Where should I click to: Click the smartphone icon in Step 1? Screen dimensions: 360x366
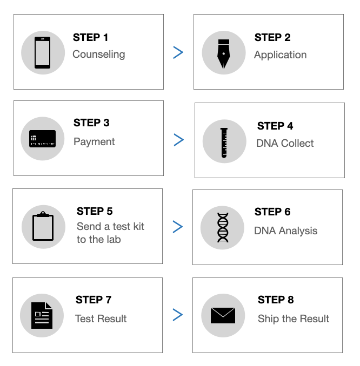click(x=42, y=52)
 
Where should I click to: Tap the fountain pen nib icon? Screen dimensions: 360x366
click(x=223, y=54)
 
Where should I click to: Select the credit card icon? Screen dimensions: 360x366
click(x=42, y=139)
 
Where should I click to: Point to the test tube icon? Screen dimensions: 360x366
click(x=224, y=143)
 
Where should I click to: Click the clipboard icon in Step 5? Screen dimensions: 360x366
click(x=43, y=226)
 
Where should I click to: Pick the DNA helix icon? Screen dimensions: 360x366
click(x=223, y=228)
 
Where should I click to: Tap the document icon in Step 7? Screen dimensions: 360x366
click(x=42, y=316)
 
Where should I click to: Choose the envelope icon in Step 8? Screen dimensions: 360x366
click(x=223, y=316)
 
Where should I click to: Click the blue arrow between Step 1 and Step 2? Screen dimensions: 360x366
click(x=178, y=52)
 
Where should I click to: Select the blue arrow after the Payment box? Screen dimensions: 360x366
click(x=179, y=140)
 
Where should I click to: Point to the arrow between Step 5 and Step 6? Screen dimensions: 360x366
click(x=178, y=227)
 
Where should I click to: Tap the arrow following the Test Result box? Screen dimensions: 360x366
click(x=178, y=315)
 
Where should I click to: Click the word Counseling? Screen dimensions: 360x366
click(x=99, y=55)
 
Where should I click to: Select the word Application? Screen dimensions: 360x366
click(x=281, y=55)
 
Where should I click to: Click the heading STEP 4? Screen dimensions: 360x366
click(x=275, y=126)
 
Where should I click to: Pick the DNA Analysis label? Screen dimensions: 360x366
click(x=285, y=231)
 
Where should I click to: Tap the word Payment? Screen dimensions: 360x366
click(x=94, y=141)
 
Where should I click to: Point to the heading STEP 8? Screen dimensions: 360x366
click(x=276, y=300)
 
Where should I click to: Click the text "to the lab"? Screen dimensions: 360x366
click(x=99, y=240)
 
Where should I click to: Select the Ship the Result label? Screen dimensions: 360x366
click(x=294, y=318)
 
